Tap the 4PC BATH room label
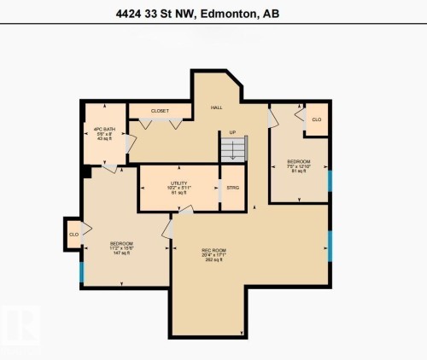pyautogui.click(x=104, y=129)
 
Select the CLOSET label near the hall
pyautogui.click(x=160, y=111)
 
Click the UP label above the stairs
pyautogui.click(x=231, y=133)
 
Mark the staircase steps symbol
pyautogui.click(x=231, y=151)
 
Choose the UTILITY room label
pyautogui.click(x=178, y=183)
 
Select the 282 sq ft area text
pyautogui.click(x=190, y=261)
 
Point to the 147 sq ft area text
pyautogui.click(x=120, y=253)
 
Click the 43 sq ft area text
pyautogui.click(x=104, y=140)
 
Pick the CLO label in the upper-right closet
pyautogui.click(x=316, y=119)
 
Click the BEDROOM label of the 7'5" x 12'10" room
pyautogui.click(x=298, y=162)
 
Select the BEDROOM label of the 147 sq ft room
pyautogui.click(x=121, y=243)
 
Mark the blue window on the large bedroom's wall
pyautogui.click(x=82, y=272)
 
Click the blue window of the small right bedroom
pyautogui.click(x=329, y=182)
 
